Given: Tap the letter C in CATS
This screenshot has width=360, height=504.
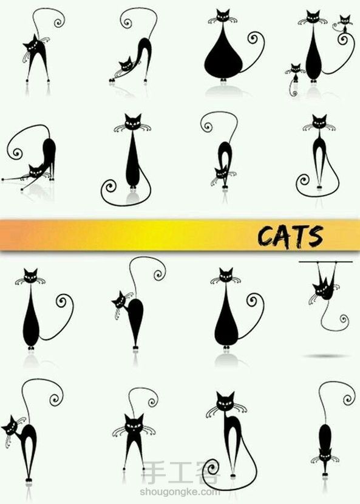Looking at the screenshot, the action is [x=265, y=237].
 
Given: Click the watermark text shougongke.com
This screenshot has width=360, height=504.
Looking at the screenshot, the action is [x=180, y=491].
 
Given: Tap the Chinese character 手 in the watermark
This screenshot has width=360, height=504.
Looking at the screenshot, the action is [x=154, y=472].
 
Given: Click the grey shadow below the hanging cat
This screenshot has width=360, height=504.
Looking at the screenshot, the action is [x=325, y=356].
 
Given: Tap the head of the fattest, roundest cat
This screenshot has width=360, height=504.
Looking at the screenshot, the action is [x=222, y=15].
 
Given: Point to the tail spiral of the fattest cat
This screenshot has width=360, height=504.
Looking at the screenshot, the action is [x=253, y=38].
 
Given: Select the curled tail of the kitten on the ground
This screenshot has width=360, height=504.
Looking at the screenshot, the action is [x=293, y=89].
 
